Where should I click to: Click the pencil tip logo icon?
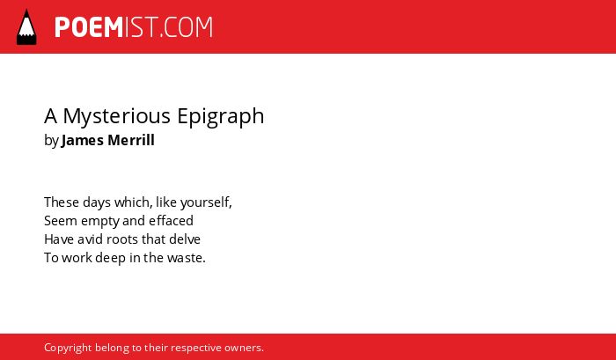[26, 27]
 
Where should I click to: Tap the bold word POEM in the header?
[89, 27]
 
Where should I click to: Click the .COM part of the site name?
[187, 27]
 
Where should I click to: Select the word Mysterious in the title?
[117, 116]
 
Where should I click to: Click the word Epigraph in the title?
[220, 116]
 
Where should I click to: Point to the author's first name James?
[83, 140]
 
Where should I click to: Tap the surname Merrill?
[131, 140]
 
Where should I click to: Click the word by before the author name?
[51, 141]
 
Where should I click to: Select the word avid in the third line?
[91, 239]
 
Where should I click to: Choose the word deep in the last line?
[110, 258]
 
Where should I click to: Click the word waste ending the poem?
[187, 258]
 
